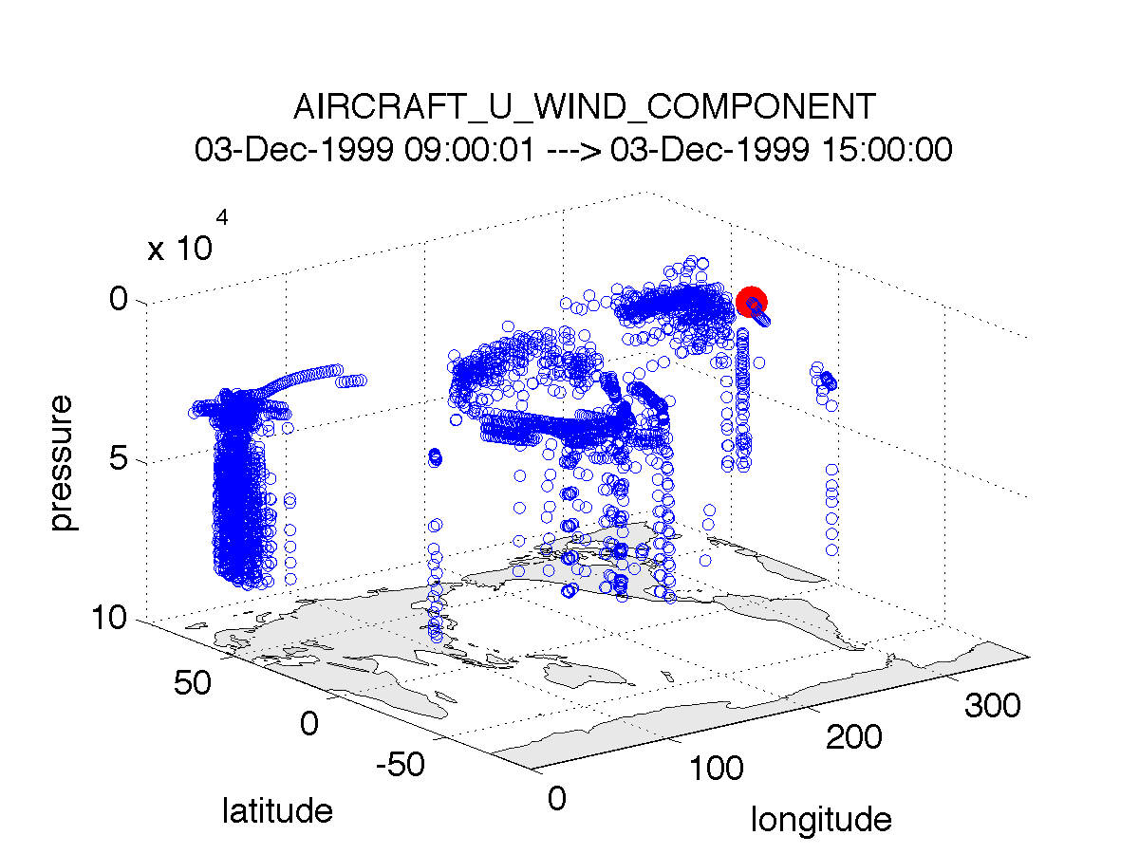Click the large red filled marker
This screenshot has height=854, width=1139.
click(x=752, y=302)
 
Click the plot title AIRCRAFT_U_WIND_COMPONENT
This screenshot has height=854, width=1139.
click(x=583, y=107)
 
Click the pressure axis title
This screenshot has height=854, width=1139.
click(x=63, y=463)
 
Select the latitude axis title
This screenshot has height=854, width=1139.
click(x=277, y=810)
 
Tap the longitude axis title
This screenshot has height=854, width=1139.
click(x=821, y=819)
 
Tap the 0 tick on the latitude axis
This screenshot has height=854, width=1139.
click(x=308, y=724)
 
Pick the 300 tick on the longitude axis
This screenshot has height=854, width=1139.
click(x=993, y=706)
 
